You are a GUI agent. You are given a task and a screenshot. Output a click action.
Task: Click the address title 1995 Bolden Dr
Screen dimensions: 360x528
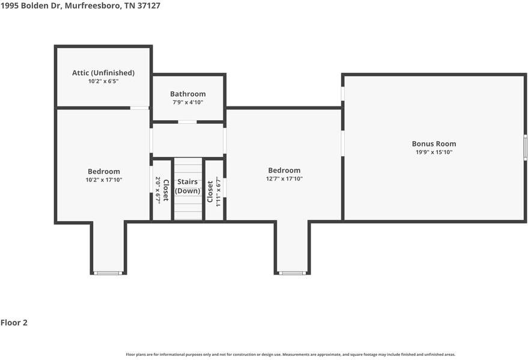click(x=80, y=5)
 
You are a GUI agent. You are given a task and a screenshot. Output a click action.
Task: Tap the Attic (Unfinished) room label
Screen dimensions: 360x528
click(x=103, y=73)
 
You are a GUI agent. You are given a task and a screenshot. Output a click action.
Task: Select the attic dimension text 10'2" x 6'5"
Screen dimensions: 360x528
click(x=103, y=81)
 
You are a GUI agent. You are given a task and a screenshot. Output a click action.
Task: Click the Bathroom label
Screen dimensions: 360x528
click(x=187, y=94)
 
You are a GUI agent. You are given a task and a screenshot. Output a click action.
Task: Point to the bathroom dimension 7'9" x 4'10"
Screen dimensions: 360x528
click(x=187, y=102)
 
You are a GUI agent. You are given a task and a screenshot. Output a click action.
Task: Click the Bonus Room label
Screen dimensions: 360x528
click(x=434, y=144)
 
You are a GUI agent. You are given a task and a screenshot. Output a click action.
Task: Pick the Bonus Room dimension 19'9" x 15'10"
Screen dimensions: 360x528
click(x=434, y=152)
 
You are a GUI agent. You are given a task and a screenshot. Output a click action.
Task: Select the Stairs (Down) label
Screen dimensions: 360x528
click(x=187, y=186)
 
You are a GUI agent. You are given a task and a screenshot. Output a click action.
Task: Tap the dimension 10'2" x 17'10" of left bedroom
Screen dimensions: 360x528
click(x=104, y=180)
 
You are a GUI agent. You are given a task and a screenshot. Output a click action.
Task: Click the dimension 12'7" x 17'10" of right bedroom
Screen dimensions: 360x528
click(x=284, y=178)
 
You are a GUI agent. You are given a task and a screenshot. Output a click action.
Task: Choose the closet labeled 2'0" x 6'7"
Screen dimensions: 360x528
click(x=162, y=189)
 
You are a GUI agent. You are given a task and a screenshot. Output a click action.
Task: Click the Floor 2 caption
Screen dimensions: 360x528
click(x=14, y=323)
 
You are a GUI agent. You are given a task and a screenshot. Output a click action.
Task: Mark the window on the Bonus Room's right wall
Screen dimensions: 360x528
click(x=524, y=147)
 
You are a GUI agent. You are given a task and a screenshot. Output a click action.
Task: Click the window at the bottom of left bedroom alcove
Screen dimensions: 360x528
click(x=109, y=273)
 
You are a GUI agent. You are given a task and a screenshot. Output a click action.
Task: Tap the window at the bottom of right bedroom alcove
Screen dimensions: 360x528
click(x=293, y=273)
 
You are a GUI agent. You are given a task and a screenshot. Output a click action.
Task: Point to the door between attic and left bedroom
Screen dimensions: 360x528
click(x=140, y=108)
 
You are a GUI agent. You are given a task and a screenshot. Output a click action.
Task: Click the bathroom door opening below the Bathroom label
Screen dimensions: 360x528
click(x=187, y=122)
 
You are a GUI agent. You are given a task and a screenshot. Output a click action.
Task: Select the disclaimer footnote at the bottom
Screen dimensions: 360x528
click(x=290, y=355)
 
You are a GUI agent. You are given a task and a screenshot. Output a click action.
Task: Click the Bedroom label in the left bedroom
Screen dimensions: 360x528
click(x=104, y=171)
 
